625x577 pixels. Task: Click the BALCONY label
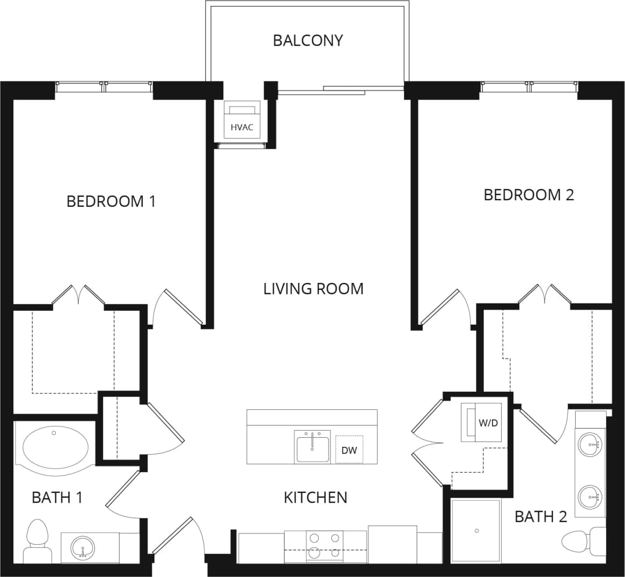coord(307,41)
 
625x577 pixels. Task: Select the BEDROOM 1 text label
coord(111,201)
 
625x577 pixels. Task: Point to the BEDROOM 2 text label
coord(528,194)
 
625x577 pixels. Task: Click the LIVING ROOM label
coord(313,289)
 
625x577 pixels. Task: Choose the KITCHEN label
coord(315,497)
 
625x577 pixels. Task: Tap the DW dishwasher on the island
coord(349,450)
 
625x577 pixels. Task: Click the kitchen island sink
coord(312,448)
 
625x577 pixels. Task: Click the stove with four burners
coord(324,545)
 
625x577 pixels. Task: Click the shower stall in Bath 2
coord(476,530)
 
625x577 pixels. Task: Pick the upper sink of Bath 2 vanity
coord(591,444)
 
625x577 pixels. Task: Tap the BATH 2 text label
coord(540,516)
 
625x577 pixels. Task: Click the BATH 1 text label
coord(57,497)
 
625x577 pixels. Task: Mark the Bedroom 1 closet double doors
coord(79,295)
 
